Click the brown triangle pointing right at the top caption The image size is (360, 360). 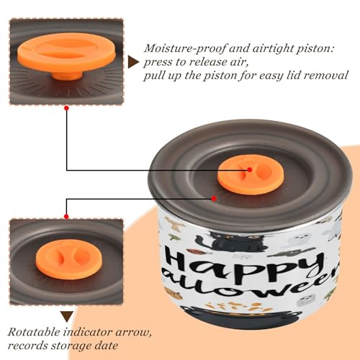click(x=133, y=63)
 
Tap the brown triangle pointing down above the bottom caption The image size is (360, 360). click(x=67, y=317)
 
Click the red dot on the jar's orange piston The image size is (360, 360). click(x=250, y=170)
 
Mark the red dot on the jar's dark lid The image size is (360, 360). click(x=214, y=199)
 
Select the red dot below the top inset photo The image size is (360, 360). click(x=67, y=109)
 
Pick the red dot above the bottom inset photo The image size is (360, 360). click(x=66, y=217)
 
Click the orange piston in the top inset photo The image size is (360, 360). click(x=67, y=54)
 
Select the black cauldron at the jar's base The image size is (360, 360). click(x=240, y=316)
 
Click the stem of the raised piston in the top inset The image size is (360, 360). click(x=67, y=76)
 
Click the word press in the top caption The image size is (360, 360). click(x=158, y=63)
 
